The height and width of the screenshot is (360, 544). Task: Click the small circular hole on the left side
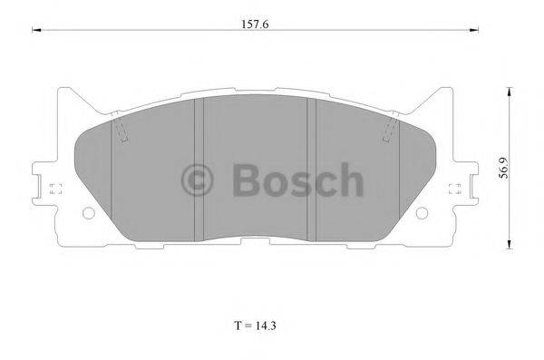(x=88, y=214)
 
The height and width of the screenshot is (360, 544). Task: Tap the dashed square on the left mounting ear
(x=53, y=190)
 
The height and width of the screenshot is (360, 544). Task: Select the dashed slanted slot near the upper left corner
(x=121, y=132)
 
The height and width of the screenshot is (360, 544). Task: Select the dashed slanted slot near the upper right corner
(x=392, y=132)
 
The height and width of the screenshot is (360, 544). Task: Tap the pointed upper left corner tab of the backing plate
(x=65, y=91)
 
